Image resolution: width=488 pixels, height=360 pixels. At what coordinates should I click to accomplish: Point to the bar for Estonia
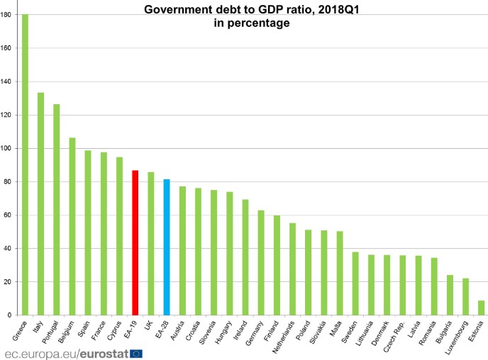(x=480, y=308)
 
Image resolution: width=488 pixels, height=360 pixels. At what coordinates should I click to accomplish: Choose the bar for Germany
(x=260, y=262)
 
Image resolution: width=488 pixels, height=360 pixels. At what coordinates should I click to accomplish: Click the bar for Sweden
(x=355, y=283)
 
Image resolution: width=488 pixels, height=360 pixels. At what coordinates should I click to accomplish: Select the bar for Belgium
(x=72, y=226)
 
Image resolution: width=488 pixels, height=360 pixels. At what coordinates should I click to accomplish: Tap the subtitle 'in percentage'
(x=252, y=23)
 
